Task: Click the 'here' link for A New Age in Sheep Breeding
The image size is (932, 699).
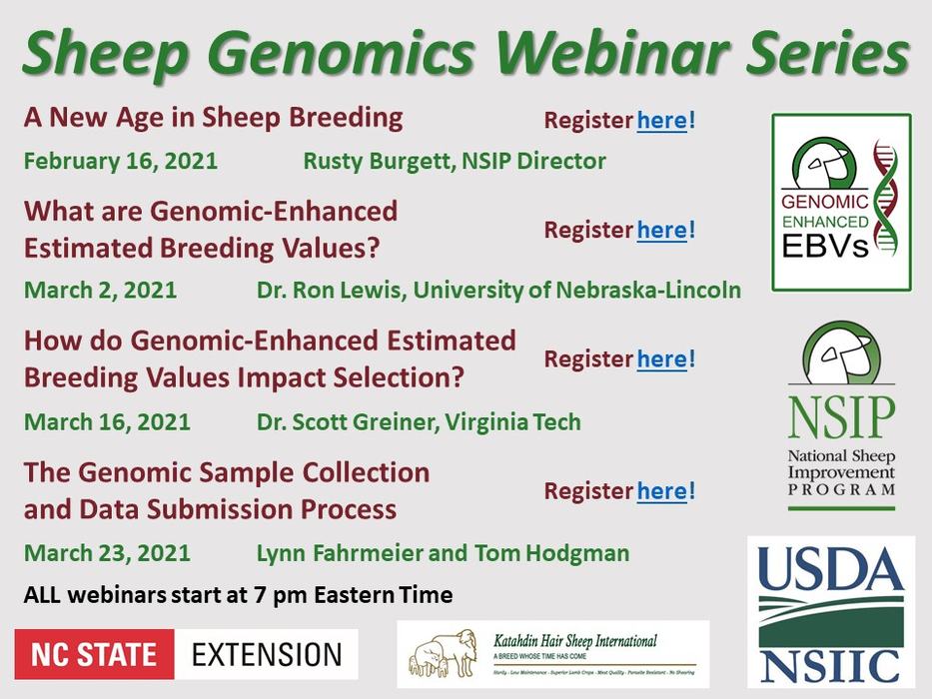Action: [661, 121]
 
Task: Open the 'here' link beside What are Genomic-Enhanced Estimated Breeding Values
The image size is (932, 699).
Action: [661, 230]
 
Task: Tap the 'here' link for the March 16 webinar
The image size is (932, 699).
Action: [661, 358]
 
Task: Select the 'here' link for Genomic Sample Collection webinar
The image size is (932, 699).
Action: [661, 490]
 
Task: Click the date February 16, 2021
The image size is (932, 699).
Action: [121, 161]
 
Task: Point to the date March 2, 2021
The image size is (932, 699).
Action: [100, 291]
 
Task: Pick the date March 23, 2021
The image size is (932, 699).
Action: [107, 552]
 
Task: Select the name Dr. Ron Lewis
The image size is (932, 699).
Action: [330, 291]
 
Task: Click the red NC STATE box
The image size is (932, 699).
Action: [94, 654]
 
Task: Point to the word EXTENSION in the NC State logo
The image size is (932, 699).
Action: [267, 654]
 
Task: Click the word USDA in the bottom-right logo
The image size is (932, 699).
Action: [831, 572]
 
